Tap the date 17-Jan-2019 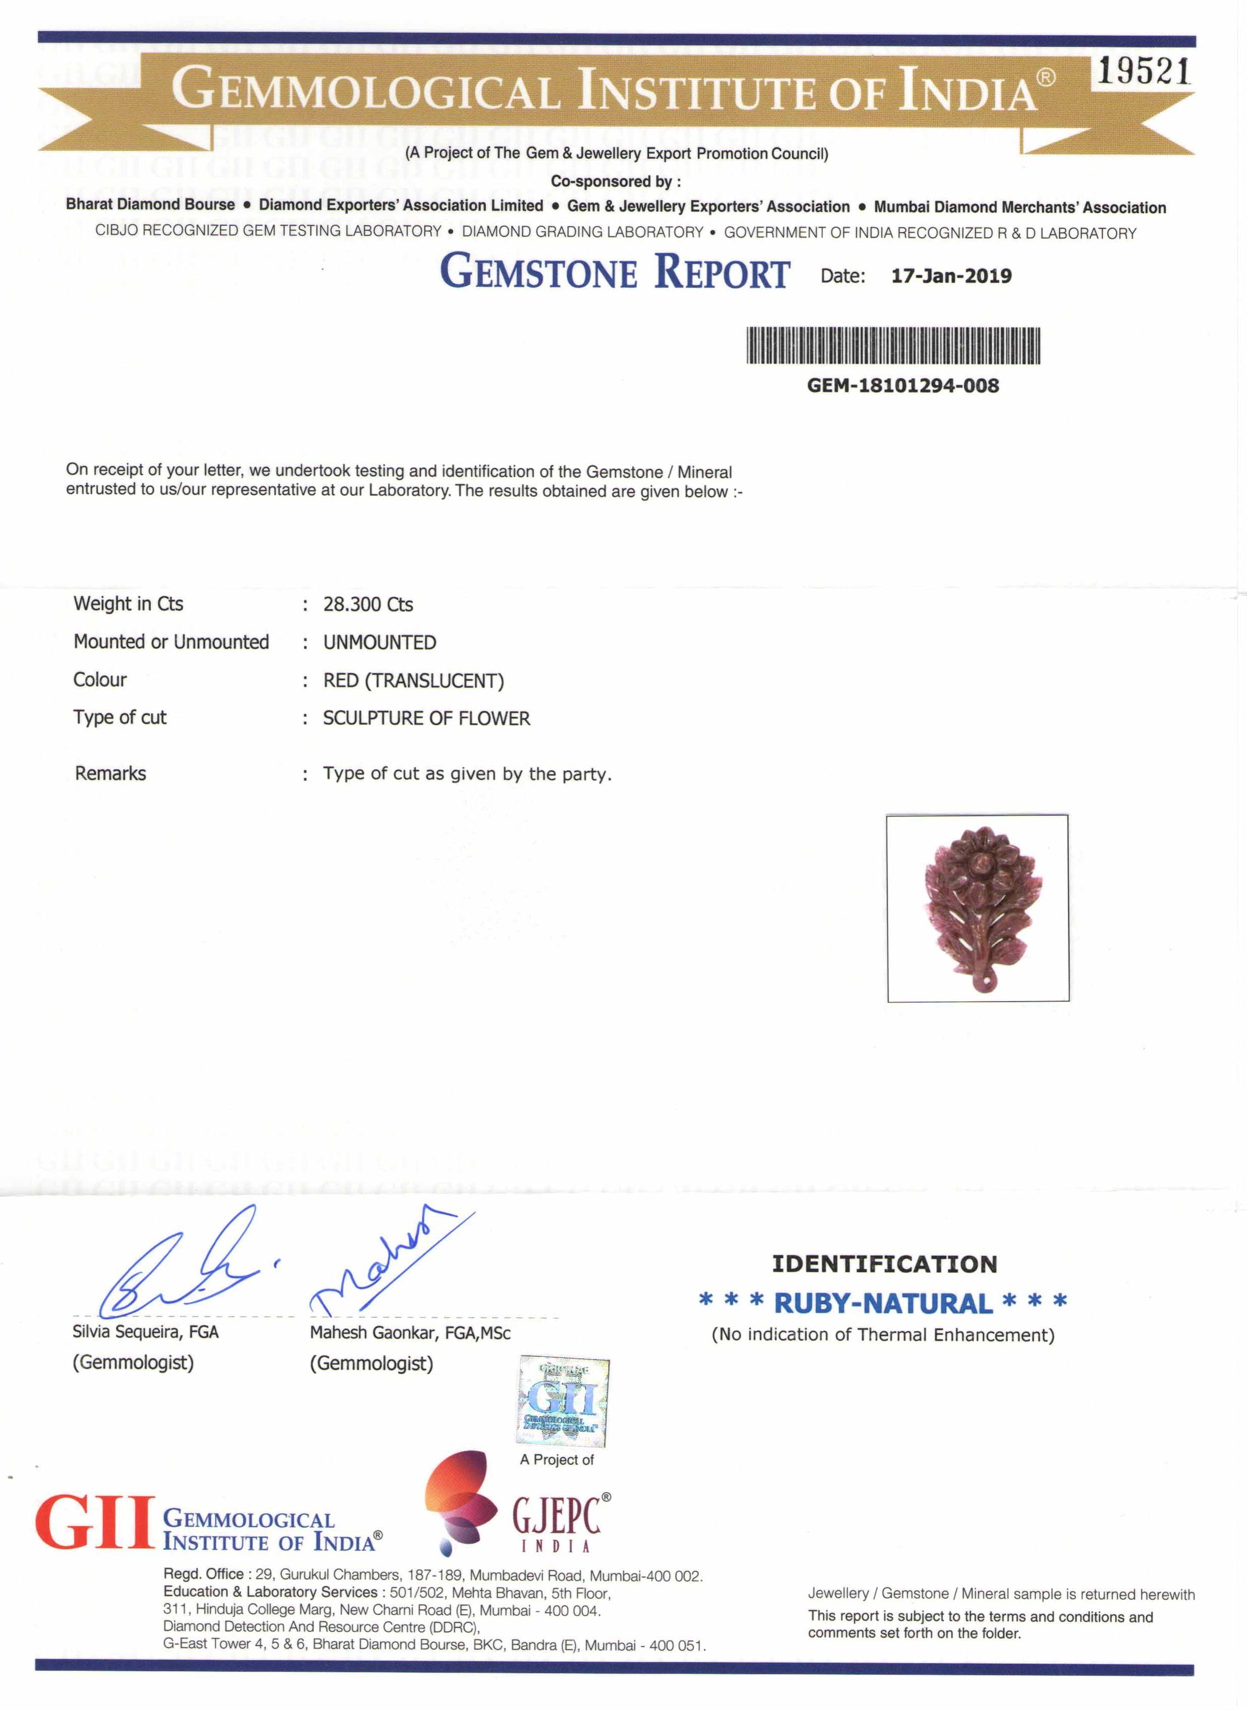[x=951, y=276]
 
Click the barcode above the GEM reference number [x=893, y=346]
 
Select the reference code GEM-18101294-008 [x=903, y=386]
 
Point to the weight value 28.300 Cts [x=368, y=604]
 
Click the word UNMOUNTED [x=380, y=642]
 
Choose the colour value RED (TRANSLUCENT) [x=413, y=680]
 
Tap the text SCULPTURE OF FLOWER [x=426, y=718]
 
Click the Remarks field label [x=110, y=773]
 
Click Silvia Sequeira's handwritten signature [x=181, y=1270]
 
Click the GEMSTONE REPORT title [x=615, y=272]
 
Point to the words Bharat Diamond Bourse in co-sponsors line [x=150, y=205]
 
